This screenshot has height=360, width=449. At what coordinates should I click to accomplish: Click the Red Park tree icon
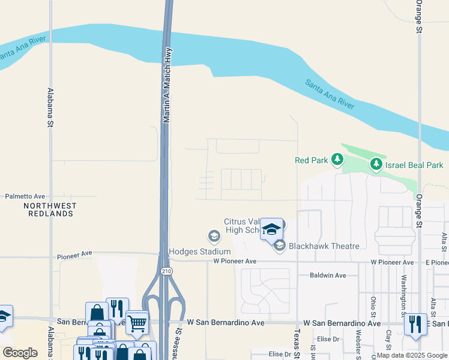point(338,160)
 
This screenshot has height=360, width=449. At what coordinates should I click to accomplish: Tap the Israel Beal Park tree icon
point(376,164)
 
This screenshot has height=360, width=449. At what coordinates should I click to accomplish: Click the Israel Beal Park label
point(414,164)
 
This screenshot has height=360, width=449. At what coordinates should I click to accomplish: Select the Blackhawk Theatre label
point(324,246)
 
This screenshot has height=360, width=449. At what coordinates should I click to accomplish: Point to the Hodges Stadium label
point(200,251)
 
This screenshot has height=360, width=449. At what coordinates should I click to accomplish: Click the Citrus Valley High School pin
point(271,229)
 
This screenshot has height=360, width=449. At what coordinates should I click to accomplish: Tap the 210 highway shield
point(166,272)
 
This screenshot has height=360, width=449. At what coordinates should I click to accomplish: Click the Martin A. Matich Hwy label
point(168,86)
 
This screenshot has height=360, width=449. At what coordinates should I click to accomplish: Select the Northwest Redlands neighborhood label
point(50,209)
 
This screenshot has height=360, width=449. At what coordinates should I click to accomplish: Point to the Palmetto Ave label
point(25,196)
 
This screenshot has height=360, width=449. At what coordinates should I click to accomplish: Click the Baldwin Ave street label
point(328,275)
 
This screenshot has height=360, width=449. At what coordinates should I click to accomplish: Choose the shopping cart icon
point(137,323)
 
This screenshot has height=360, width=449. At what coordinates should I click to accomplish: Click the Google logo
point(20,353)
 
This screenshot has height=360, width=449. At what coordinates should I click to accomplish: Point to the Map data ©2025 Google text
point(412,355)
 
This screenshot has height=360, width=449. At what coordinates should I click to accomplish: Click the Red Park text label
point(310,160)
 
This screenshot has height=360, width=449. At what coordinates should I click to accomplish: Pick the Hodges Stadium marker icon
point(213,235)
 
